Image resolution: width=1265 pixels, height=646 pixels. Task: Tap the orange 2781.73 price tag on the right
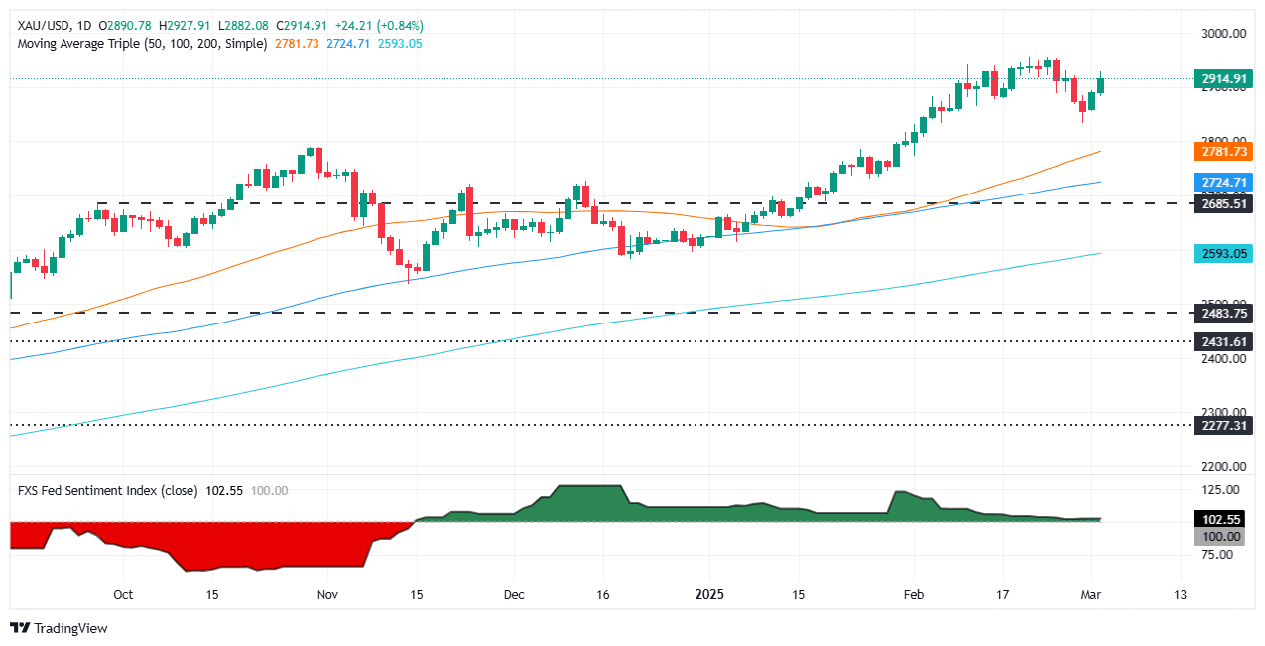point(1224,151)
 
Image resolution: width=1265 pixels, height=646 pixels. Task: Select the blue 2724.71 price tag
point(1224,182)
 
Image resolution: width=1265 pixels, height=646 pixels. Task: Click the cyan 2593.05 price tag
point(1224,253)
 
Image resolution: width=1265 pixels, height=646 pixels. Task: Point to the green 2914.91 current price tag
point(1224,78)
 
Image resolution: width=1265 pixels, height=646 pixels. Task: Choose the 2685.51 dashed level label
point(1224,203)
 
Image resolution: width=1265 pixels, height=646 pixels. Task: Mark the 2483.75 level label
point(1224,313)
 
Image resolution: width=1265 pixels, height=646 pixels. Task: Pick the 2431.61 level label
point(1224,341)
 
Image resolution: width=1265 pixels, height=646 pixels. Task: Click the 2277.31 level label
point(1224,425)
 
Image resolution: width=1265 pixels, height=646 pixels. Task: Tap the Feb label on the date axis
point(913,595)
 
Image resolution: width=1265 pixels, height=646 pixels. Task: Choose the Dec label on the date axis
point(513,595)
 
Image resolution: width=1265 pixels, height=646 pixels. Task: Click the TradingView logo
point(59,628)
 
